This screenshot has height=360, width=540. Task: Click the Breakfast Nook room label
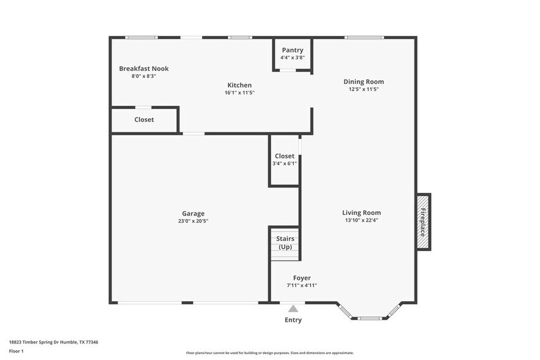point(143,69)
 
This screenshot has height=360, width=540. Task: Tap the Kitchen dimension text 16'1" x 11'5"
point(239,93)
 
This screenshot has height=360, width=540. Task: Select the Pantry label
point(292,50)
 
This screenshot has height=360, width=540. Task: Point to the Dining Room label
point(363,81)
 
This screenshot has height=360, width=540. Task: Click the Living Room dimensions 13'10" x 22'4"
point(361,220)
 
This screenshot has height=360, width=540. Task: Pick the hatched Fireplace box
point(423,222)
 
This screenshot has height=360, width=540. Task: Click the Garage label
point(193,214)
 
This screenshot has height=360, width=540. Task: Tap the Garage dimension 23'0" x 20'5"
point(193,221)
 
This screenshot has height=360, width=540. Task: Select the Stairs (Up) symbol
point(285,243)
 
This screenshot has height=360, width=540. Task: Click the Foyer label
point(302,278)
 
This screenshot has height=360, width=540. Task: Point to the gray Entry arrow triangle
point(293,309)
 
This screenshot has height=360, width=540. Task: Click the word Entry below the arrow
point(293,320)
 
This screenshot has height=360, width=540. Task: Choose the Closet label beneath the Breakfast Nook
point(144,119)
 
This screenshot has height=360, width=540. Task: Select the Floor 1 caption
point(16,351)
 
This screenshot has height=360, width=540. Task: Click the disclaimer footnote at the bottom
point(269,353)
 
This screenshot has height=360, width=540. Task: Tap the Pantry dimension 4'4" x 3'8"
point(292,58)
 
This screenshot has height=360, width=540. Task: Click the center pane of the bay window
point(370,318)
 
